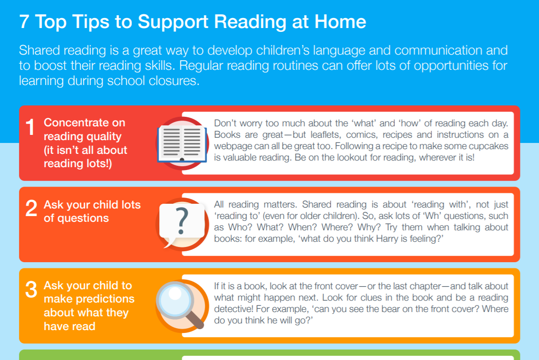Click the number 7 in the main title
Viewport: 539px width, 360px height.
click(24, 22)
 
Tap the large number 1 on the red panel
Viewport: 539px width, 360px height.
click(30, 127)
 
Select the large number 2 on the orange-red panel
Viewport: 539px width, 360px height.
click(31, 209)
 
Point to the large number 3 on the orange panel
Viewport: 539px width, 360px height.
click(31, 290)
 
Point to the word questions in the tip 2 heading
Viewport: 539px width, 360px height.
click(83, 218)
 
